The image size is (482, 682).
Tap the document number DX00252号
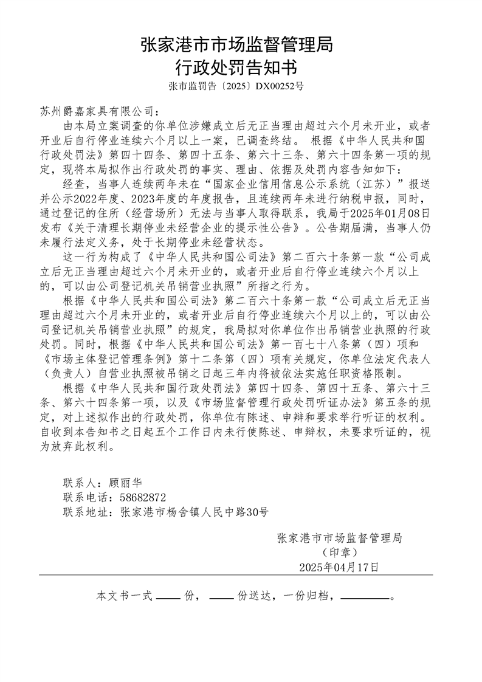(x=280, y=87)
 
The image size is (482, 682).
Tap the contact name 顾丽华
(x=124, y=483)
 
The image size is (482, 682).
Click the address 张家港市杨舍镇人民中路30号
(x=194, y=512)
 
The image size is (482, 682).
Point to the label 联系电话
(x=85, y=498)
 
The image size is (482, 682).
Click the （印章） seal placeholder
(x=339, y=553)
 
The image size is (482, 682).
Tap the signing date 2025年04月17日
(x=339, y=568)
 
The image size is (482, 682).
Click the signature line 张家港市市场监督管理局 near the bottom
(x=339, y=538)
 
